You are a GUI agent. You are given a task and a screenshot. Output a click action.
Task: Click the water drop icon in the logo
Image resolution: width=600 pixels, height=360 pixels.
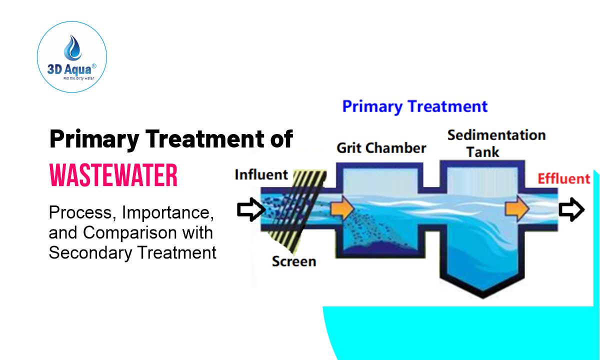click(x=72, y=47)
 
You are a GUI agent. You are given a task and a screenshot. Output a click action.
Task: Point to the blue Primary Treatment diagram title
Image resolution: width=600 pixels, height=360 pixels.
click(x=414, y=106)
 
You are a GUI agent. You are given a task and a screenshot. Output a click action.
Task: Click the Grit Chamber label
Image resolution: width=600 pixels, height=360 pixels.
click(x=381, y=148)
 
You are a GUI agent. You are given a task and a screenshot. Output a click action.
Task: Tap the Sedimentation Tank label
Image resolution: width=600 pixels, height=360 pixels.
click(x=496, y=143)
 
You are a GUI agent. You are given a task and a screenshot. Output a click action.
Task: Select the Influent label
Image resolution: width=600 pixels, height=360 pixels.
click(x=261, y=175)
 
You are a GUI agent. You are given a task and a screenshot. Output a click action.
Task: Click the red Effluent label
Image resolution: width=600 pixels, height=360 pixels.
click(x=563, y=178)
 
